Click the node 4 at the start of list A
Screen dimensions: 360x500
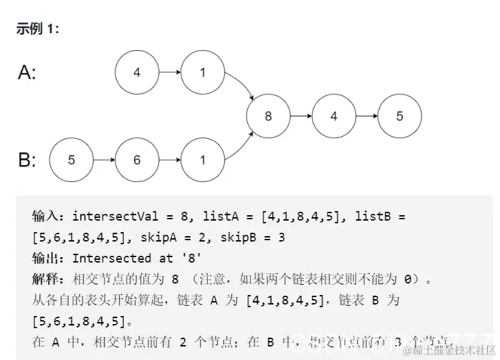pos(137,72)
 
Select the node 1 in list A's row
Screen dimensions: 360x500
pos(202,72)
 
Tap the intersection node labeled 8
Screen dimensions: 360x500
pos(268,116)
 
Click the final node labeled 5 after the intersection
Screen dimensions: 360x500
pos(399,116)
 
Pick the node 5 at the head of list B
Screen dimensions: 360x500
pos(72,160)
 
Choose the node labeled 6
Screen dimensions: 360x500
pos(137,160)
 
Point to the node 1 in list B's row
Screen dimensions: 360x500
pos(202,160)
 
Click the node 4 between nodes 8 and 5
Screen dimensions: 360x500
pos(334,116)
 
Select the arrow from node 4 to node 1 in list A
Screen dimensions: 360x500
pos(170,72)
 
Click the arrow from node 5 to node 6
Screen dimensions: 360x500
pos(104,160)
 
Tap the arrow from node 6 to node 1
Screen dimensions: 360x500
pos(170,160)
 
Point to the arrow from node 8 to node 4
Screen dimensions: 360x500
pos(301,116)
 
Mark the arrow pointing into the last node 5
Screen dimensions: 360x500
pos(366,116)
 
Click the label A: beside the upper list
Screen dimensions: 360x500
pos(27,73)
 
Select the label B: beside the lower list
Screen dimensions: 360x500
pos(27,160)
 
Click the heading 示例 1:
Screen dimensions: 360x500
pos(38,30)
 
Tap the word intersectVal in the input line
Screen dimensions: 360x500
pos(114,217)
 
